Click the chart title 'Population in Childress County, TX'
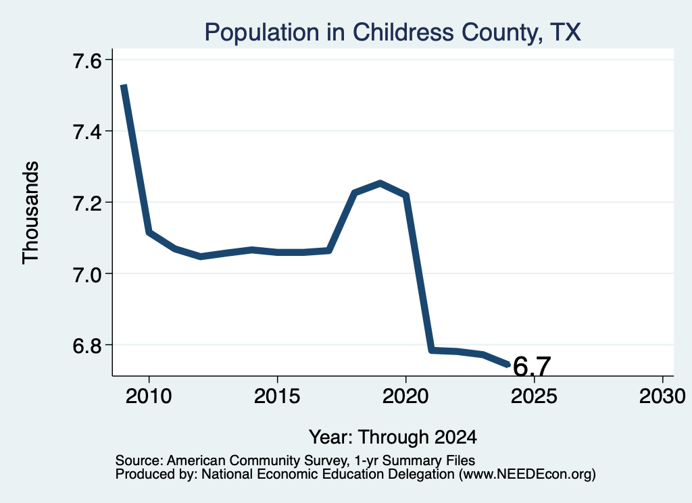tap(393, 32)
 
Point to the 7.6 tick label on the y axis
tap(87, 61)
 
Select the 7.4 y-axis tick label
tap(87, 132)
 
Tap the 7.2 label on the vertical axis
tap(87, 203)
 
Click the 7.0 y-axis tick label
tap(87, 275)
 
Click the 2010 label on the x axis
tap(149, 396)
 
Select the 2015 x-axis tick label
tap(277, 396)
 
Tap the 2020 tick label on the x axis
tap(405, 396)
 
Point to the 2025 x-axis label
tap(534, 396)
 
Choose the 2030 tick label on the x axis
tap(662, 396)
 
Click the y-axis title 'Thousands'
tap(31, 213)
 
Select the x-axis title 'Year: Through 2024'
tap(393, 438)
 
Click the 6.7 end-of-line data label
tap(533, 367)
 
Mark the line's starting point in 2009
tap(124, 86)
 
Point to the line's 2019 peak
tap(380, 182)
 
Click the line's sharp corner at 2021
tap(432, 350)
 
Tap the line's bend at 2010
tap(149, 232)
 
